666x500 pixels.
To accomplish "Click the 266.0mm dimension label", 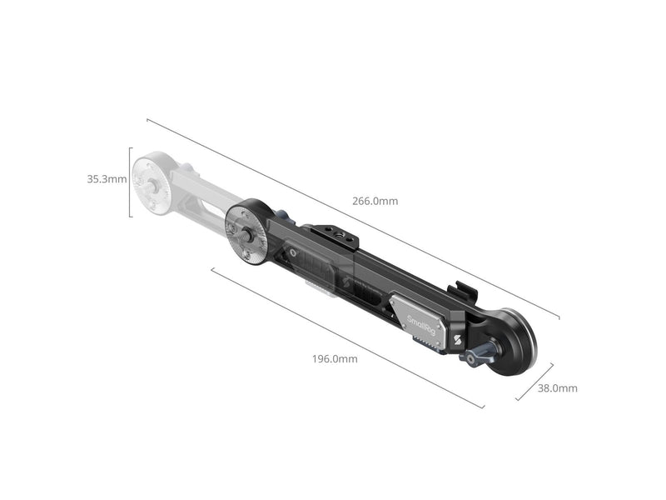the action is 375,201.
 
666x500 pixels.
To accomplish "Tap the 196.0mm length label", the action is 335,359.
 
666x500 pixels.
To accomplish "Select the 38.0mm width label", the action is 557,388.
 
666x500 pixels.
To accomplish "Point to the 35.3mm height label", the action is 107,179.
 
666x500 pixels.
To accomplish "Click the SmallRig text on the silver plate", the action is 421,325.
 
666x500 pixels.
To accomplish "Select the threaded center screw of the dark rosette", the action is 245,233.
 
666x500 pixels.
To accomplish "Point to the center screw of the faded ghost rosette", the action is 152,184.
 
